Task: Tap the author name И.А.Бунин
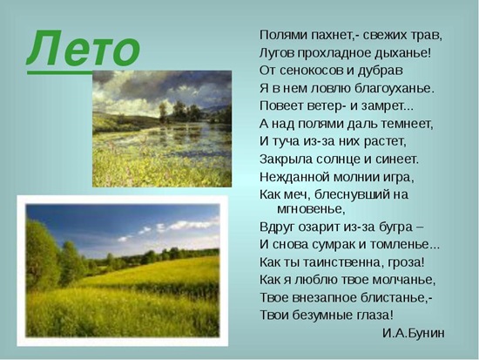coord(413,332)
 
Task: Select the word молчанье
coord(401,279)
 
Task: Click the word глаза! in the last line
coord(369,314)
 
